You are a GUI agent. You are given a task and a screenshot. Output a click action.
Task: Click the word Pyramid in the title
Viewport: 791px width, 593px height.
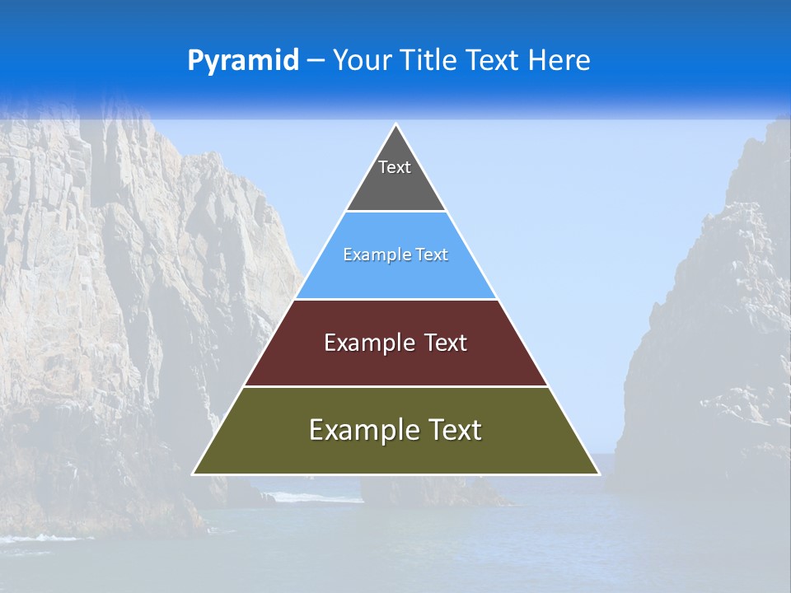point(243,61)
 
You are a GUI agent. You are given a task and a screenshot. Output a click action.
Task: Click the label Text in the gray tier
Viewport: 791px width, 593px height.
point(395,167)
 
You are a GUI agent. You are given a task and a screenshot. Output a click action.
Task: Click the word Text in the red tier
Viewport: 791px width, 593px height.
point(446,343)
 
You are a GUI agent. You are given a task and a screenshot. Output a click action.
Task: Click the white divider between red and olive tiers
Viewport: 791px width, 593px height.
point(395,386)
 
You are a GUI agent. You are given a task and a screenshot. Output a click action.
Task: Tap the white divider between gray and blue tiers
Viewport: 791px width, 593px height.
point(395,212)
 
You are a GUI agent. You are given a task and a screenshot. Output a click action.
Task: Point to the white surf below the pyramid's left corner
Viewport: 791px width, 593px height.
point(301,497)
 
